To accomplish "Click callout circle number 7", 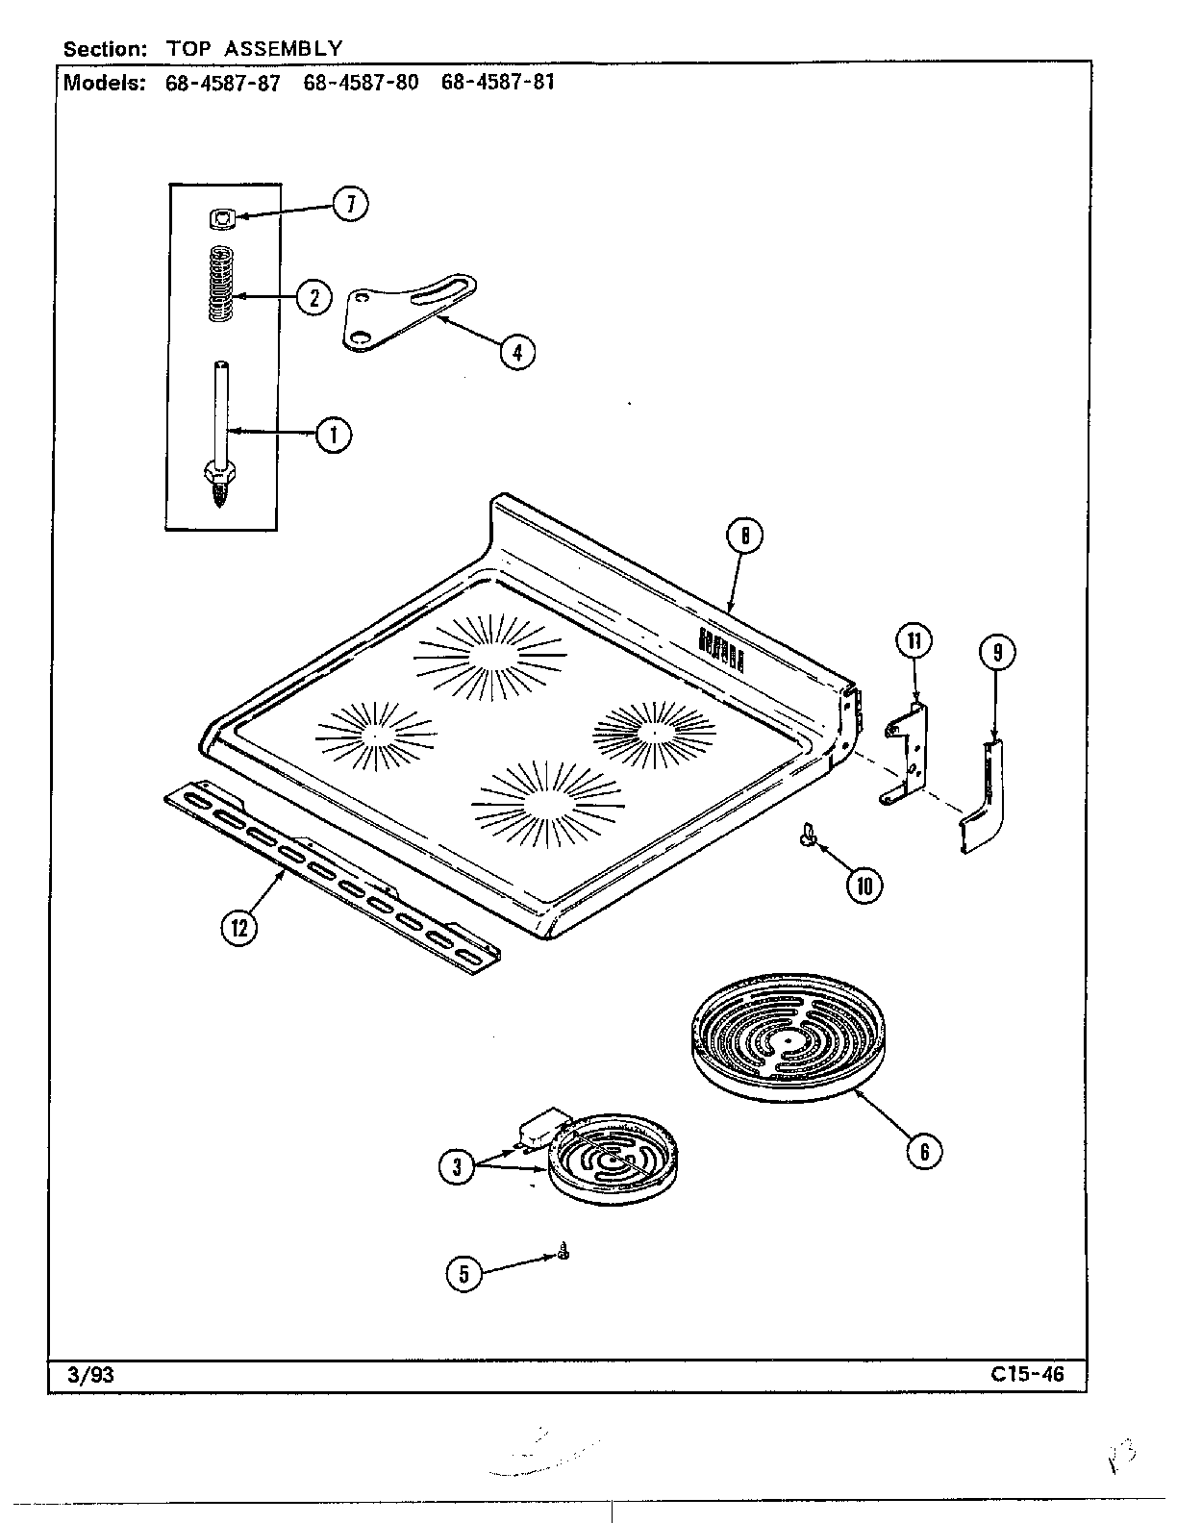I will pos(351,204).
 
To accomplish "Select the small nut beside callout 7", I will pos(222,219).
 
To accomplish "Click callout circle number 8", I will pos(744,537).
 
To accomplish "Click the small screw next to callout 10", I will pos(806,838).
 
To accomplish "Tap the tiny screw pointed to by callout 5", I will pos(563,1252).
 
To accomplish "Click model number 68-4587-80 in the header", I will pos(361,82).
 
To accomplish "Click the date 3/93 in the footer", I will pos(92,1374).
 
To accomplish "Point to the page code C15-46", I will pos(1027,1374).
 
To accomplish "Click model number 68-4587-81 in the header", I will pos(497,82).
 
